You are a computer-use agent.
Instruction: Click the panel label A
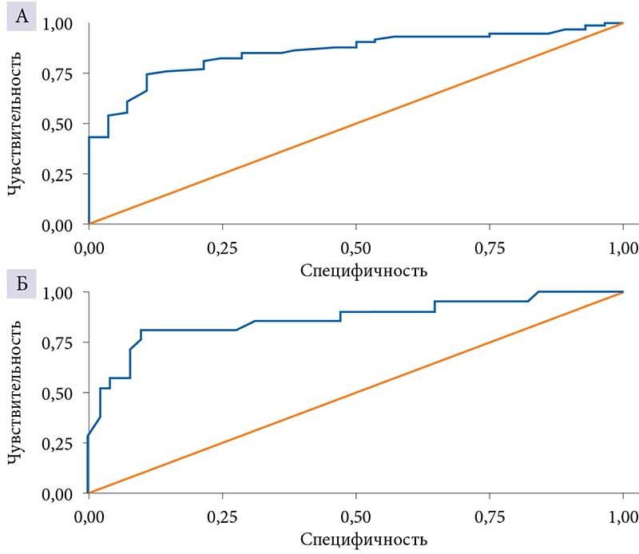point(21,17)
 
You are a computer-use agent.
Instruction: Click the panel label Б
point(21,284)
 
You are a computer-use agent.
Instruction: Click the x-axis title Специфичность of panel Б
point(363,539)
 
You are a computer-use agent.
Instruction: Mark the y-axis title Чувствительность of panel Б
point(14,394)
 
